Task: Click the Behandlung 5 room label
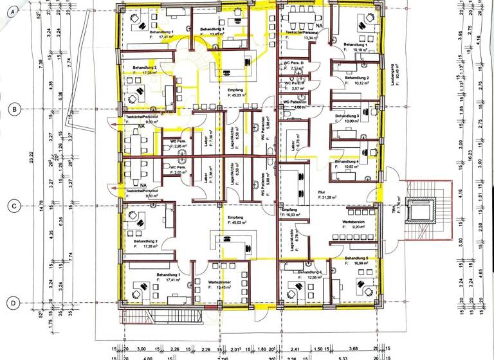[x=356, y=258]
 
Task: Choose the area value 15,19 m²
[x=358, y=49]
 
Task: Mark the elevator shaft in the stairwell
[x=420, y=210]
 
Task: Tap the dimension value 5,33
[x=344, y=357]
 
